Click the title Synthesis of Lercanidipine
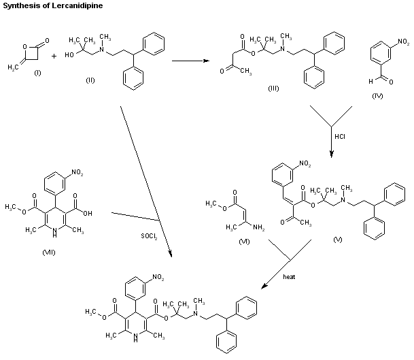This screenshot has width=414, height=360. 47,5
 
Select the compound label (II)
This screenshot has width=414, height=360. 90,80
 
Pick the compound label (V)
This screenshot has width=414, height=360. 338,240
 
